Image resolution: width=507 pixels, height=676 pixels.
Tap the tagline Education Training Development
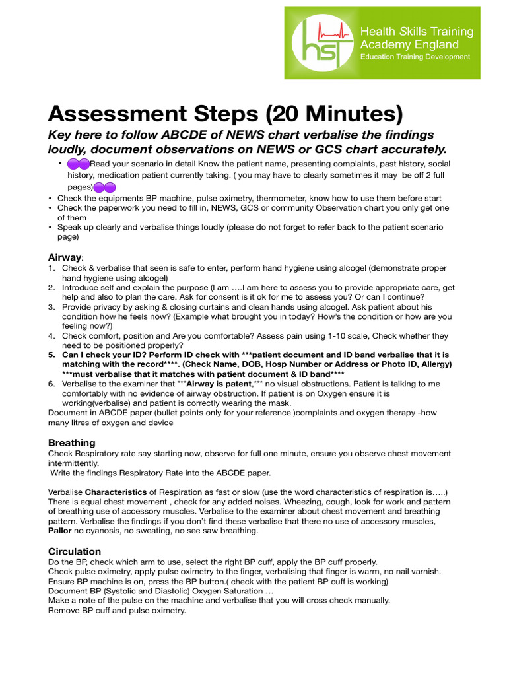click(415, 57)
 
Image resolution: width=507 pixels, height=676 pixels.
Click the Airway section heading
click(64, 257)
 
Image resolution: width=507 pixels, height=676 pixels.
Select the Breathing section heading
click(72, 442)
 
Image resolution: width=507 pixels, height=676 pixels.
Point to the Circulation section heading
click(75, 551)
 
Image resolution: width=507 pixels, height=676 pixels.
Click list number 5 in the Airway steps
click(51, 355)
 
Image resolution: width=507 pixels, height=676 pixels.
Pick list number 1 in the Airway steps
click(51, 268)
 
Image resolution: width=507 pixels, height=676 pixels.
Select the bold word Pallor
click(60, 531)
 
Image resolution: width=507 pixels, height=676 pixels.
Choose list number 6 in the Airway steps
click(51, 384)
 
